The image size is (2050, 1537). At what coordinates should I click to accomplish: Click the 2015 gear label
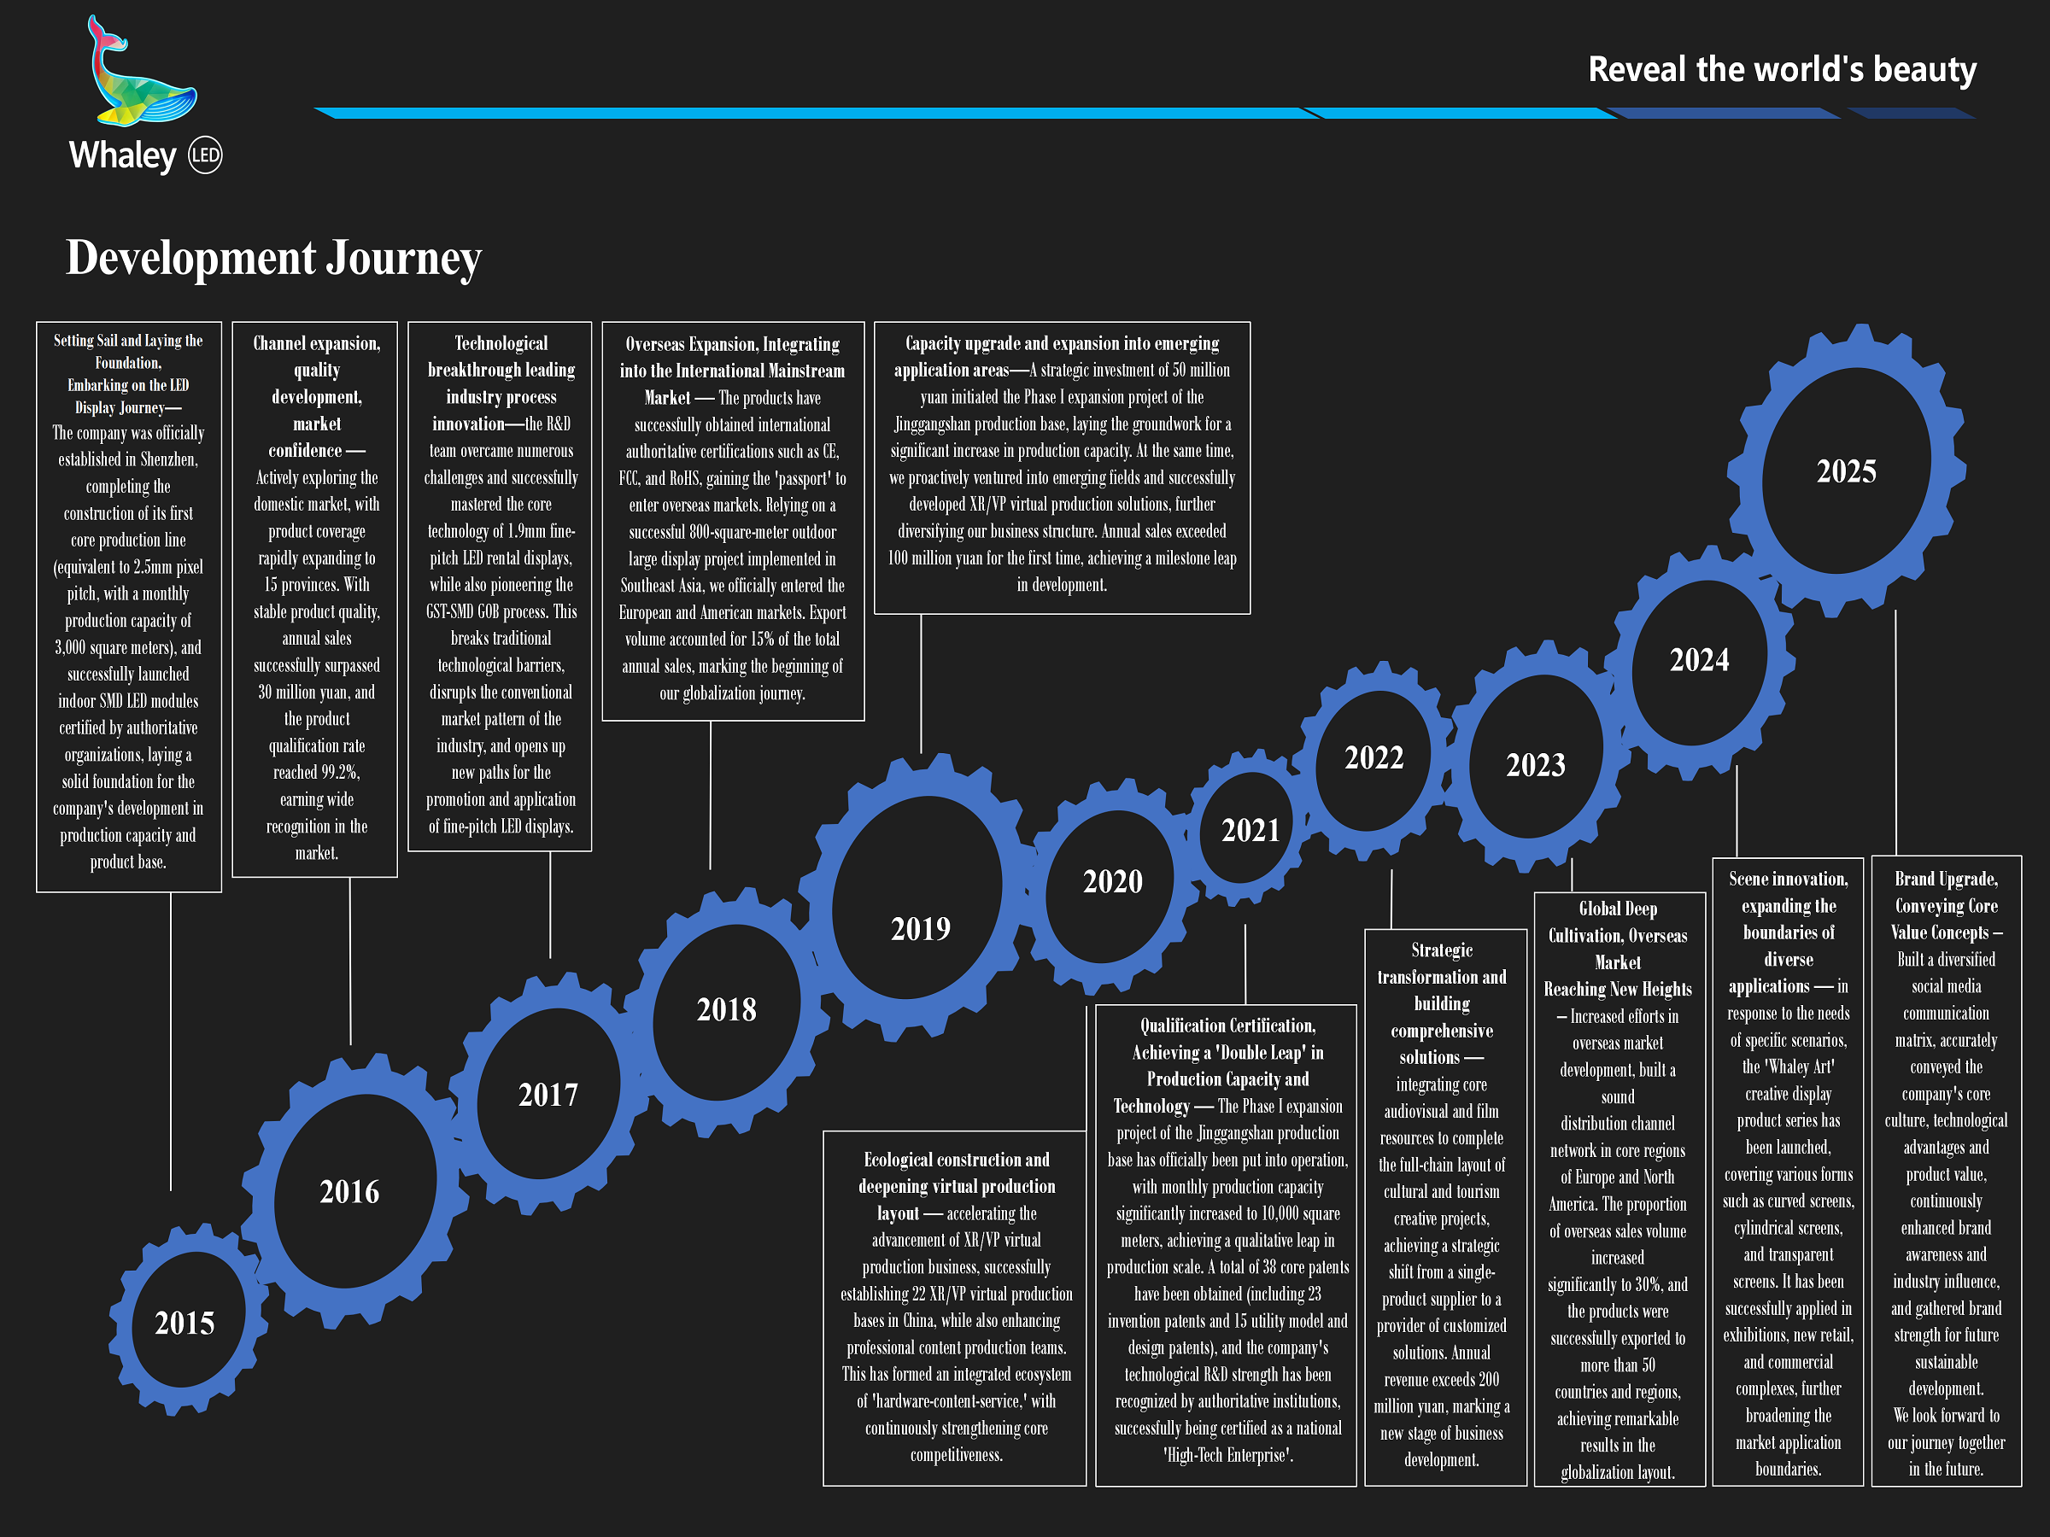(x=184, y=1323)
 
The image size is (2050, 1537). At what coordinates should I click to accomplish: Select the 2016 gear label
(x=349, y=1191)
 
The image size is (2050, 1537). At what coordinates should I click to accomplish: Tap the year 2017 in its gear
(x=548, y=1095)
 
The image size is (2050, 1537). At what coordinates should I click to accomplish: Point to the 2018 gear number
(x=727, y=1010)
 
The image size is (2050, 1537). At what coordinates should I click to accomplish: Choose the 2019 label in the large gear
(x=920, y=928)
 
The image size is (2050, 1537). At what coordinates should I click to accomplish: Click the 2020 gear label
(x=1112, y=881)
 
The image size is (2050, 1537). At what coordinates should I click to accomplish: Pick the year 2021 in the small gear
(x=1250, y=830)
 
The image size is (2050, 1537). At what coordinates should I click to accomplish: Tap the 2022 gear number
(x=1373, y=758)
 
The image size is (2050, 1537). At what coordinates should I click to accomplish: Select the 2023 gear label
(x=1535, y=765)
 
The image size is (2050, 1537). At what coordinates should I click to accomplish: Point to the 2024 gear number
(x=1699, y=660)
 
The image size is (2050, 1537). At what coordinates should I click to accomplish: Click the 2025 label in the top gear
(x=1846, y=471)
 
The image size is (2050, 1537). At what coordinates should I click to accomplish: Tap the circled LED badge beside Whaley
(x=206, y=155)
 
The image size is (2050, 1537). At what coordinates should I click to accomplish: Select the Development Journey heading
(x=273, y=258)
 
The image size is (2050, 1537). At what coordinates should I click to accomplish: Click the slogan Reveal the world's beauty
(x=1781, y=69)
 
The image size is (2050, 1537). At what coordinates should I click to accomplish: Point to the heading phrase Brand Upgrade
(x=1945, y=879)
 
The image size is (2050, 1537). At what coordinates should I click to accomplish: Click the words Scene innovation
(x=1788, y=879)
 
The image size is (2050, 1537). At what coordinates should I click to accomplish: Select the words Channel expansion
(x=316, y=344)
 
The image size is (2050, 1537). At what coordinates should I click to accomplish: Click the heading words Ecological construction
(x=957, y=1160)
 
